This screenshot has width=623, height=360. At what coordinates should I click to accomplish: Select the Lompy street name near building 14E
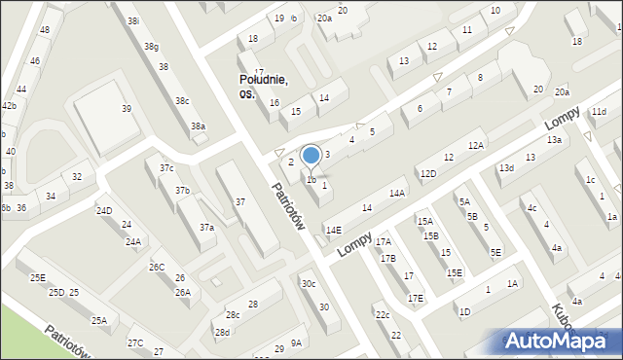[355, 243]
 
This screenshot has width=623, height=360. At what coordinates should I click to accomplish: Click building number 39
[126, 109]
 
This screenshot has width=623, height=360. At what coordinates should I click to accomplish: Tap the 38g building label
[151, 46]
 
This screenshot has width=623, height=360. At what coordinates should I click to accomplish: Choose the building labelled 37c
[166, 168]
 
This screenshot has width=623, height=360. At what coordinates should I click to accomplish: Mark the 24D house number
[104, 211]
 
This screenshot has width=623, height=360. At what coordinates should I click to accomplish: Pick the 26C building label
[157, 267]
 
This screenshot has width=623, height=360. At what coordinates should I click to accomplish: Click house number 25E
[37, 278]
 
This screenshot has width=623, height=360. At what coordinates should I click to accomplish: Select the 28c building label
[233, 315]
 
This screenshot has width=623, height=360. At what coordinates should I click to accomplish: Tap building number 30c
[308, 284]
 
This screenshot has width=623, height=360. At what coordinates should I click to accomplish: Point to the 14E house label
[334, 231]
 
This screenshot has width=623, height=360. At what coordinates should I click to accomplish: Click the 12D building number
[428, 173]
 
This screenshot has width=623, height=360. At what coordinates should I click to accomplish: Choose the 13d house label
[506, 168]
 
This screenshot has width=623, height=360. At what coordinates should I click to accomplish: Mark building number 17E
[416, 298]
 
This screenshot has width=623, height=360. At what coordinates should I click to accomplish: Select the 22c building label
[383, 315]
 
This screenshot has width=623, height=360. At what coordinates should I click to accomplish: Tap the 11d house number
[598, 113]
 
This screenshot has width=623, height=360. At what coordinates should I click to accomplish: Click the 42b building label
[8, 105]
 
